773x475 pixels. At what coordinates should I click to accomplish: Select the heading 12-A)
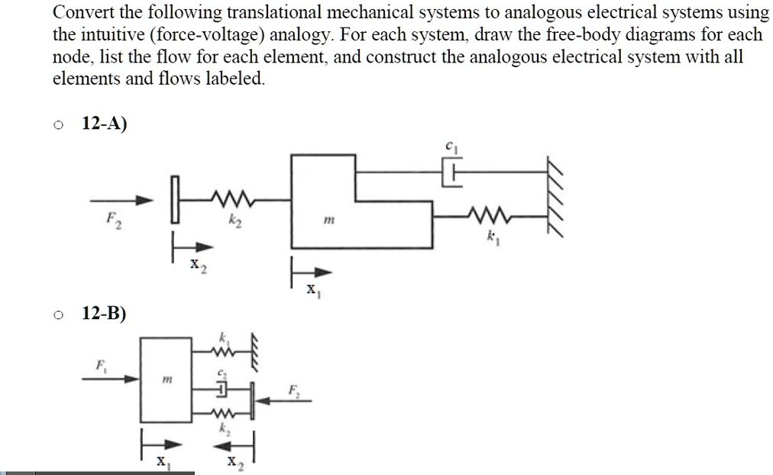pos(104,126)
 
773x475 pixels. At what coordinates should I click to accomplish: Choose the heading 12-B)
pos(104,314)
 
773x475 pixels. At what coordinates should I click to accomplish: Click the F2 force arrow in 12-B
pos(278,399)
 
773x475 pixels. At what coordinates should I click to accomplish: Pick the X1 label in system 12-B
pos(162,462)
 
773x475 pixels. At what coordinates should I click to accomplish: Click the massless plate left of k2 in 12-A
pos(174,200)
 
